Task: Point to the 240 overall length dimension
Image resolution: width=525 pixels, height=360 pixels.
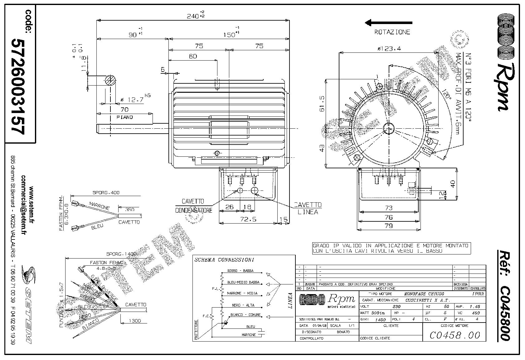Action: pyautogui.click(x=195, y=16)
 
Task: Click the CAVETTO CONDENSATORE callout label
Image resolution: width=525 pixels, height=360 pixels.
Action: pyautogui.click(x=193, y=206)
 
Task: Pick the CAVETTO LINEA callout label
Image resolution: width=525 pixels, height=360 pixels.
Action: pyautogui.click(x=308, y=208)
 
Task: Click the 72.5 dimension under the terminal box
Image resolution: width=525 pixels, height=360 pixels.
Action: pyautogui.click(x=249, y=219)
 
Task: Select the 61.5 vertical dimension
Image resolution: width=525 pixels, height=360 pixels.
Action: pyautogui.click(x=322, y=103)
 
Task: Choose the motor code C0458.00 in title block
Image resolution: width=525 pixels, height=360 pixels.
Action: pyautogui.click(x=455, y=335)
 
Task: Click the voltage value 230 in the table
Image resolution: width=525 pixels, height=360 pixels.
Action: pyautogui.click(x=396, y=307)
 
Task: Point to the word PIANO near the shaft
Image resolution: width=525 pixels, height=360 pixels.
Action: pyautogui.click(x=124, y=117)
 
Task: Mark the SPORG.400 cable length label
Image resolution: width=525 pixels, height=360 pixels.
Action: pyautogui.click(x=106, y=193)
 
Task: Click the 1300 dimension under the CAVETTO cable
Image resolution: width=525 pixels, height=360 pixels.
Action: pyautogui.click(x=134, y=321)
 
